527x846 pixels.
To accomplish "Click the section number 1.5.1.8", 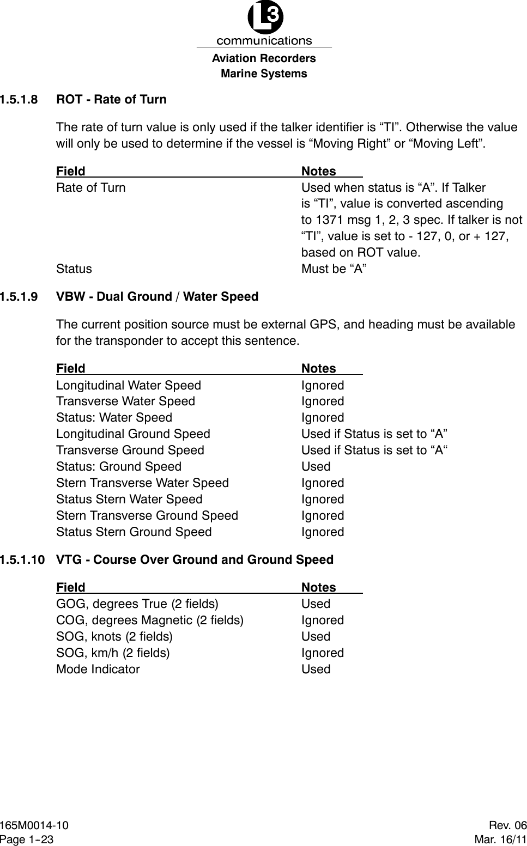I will point(20,100).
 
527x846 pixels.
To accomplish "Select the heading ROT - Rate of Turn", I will point(112,100).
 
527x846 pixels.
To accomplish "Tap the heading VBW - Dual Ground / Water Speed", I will point(158,297).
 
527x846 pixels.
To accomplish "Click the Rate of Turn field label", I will point(91,187).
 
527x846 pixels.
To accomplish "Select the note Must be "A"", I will point(334,269).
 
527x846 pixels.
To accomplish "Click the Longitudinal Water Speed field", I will point(129,385).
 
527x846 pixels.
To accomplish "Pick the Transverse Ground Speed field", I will point(130,451).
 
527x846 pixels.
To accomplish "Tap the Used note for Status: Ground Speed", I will point(316,467).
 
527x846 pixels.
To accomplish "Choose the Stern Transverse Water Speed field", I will point(143,483).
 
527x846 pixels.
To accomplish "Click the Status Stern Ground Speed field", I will point(134,532).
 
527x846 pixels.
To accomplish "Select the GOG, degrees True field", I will point(137,604).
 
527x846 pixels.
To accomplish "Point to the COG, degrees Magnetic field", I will point(150,620).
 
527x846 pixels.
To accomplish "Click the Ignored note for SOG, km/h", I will point(323,653).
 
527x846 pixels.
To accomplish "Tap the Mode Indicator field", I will point(98,670).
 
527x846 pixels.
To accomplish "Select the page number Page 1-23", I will point(27,839).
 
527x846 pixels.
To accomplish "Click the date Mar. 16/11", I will point(501,839).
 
